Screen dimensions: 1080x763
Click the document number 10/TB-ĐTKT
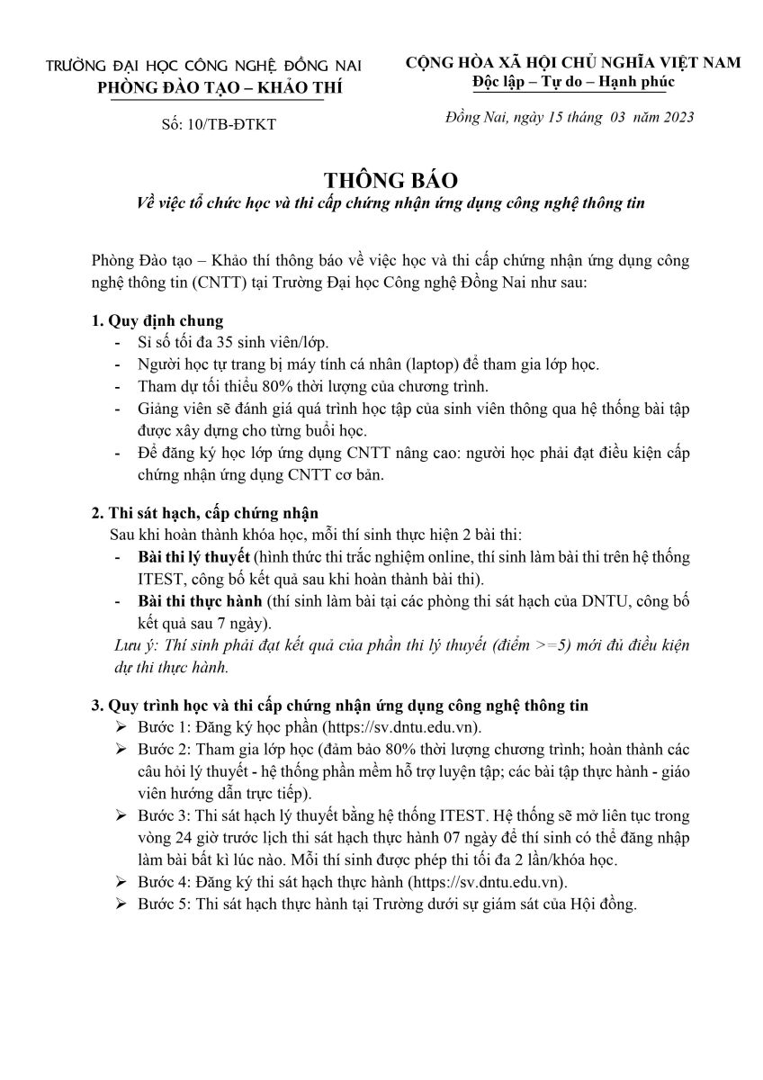(x=232, y=124)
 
